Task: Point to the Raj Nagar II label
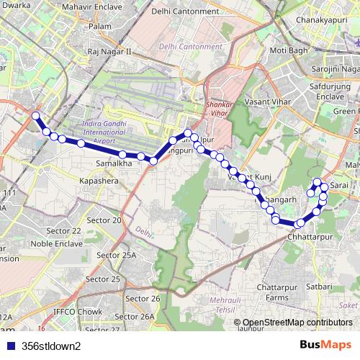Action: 109,52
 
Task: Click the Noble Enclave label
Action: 64,244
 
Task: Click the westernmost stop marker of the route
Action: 35,115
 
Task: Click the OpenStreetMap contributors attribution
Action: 297,322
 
